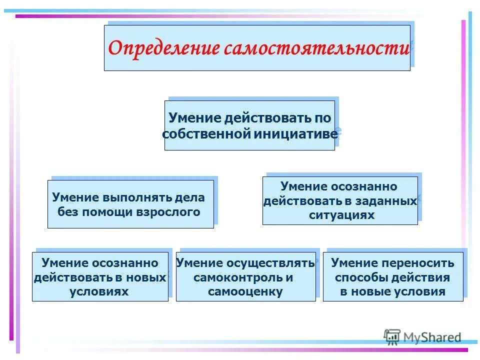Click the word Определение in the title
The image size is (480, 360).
(x=164, y=49)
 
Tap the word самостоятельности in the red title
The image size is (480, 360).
(x=316, y=49)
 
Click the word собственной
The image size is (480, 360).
(x=205, y=133)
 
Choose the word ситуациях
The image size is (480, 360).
(x=341, y=215)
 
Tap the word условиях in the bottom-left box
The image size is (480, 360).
(x=99, y=291)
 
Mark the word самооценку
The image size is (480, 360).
(x=245, y=291)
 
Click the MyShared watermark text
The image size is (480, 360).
(x=433, y=337)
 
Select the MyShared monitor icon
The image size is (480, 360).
(x=392, y=336)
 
